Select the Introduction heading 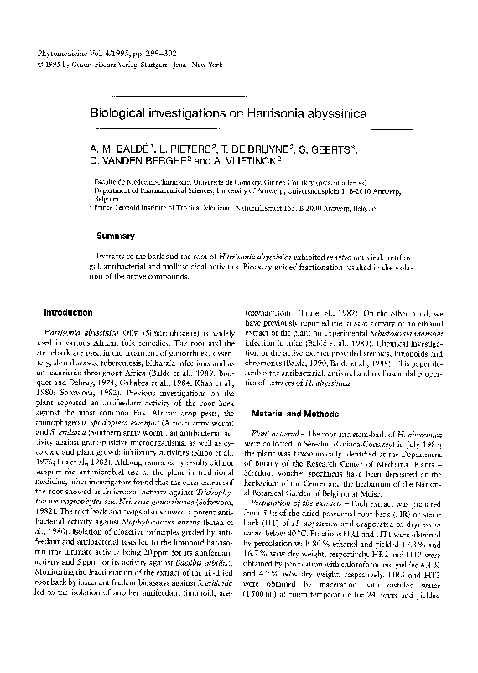point(68,312)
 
